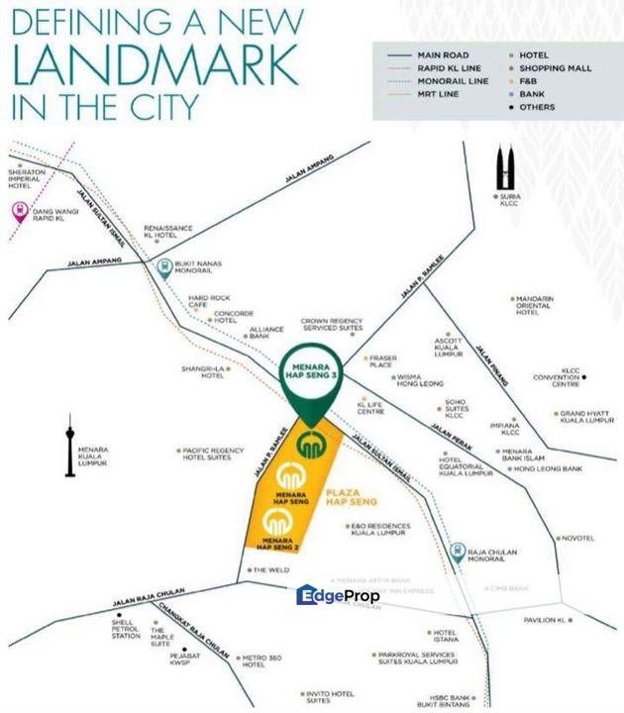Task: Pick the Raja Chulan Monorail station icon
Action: pyautogui.click(x=457, y=552)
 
